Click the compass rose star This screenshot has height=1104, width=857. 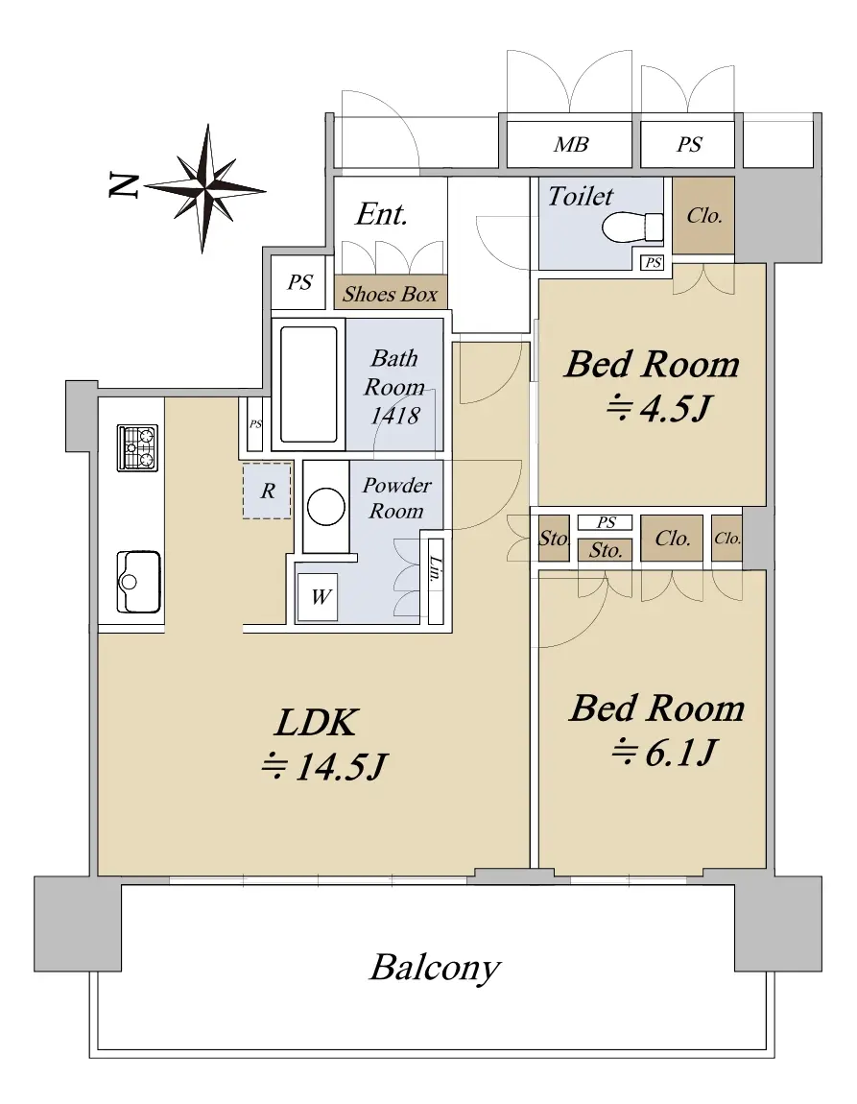coord(205,189)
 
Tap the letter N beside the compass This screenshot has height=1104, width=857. coord(123,184)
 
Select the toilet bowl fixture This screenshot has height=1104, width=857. coord(632,227)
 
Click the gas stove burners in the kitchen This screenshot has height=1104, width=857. coord(137,447)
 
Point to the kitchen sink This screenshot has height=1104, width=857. coord(138,583)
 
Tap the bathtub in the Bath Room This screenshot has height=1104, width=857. coord(308,384)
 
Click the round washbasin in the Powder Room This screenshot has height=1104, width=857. coord(325,507)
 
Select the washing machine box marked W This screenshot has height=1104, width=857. coord(318,597)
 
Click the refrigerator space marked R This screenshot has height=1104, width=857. coord(267,491)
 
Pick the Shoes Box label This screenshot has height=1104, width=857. coord(390,294)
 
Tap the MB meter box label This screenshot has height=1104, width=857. coord(571,144)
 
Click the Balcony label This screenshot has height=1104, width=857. coord(435,968)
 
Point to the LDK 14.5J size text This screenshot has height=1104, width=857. coord(323,766)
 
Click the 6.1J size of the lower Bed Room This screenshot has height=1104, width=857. coord(663,752)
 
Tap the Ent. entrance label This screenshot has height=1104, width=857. coord(381,214)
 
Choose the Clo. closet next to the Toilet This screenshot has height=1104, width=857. coord(703,215)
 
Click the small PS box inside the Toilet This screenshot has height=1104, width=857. coord(653,263)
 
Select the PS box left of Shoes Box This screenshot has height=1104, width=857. coord(299,282)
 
